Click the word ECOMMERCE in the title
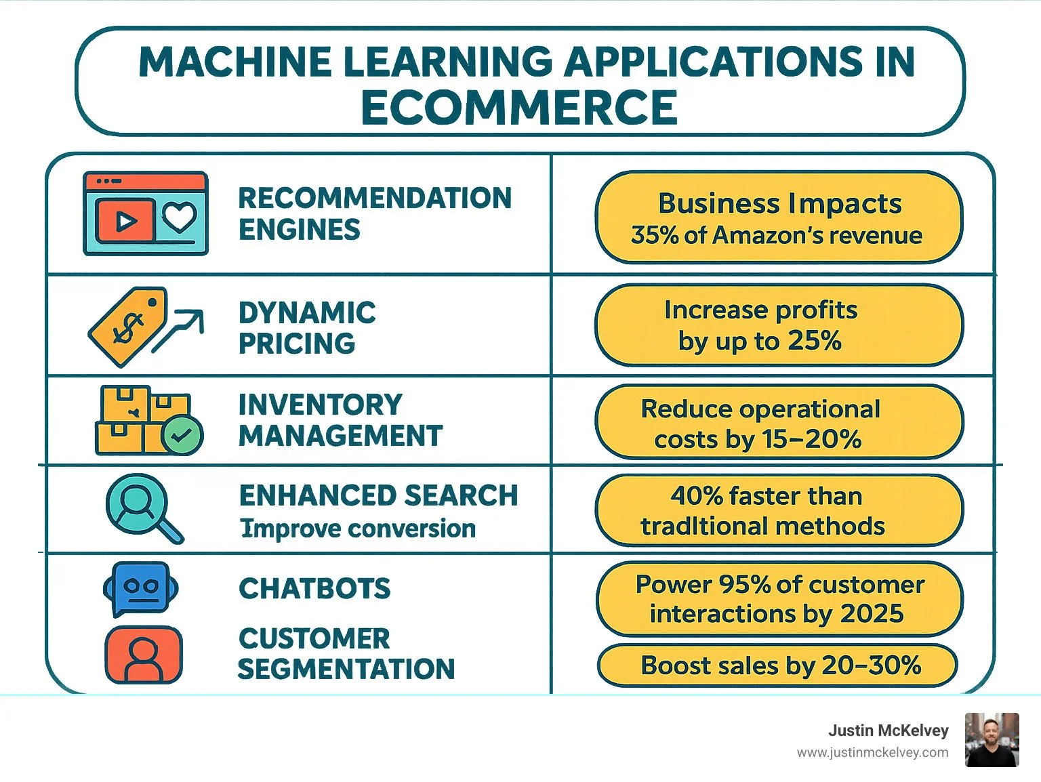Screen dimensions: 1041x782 click(x=519, y=108)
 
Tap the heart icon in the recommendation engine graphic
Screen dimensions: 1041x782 click(x=180, y=218)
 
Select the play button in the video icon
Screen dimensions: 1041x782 click(x=125, y=221)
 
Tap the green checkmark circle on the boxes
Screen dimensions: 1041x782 click(x=182, y=436)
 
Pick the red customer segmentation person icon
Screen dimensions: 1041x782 click(x=144, y=655)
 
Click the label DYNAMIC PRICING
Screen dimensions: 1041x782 click(x=307, y=328)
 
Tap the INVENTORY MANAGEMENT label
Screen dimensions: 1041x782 click(x=340, y=420)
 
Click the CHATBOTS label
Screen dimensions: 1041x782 click(x=314, y=588)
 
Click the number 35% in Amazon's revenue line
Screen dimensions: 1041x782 click(x=655, y=235)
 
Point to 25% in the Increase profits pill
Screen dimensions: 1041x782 click(x=815, y=340)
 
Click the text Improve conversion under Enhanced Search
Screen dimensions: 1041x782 click(x=358, y=529)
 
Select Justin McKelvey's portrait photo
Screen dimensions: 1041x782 click(x=992, y=740)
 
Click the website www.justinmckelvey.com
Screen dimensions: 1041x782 click(x=872, y=752)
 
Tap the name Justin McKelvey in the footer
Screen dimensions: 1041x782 click(x=888, y=730)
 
